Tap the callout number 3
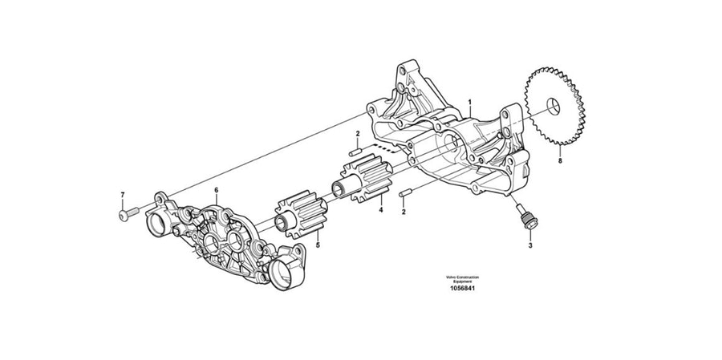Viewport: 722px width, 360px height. [x=529, y=247]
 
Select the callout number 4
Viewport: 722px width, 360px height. [x=381, y=212]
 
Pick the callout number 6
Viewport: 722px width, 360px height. [x=216, y=189]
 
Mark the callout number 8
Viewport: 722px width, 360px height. [x=560, y=161]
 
